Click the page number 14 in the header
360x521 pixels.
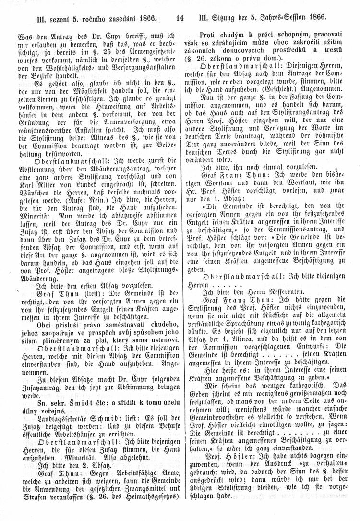point(180,19)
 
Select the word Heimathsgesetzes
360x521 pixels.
point(144,504)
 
